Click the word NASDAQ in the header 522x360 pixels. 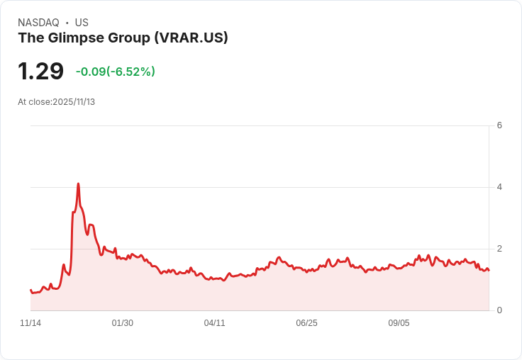pos(38,23)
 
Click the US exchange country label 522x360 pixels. pos(82,23)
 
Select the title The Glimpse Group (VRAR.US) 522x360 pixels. pos(123,38)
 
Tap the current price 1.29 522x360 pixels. pos(40,71)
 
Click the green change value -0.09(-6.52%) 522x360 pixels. pos(115,72)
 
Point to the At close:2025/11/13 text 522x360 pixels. pos(56,102)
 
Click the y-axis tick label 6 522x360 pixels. pos(499,125)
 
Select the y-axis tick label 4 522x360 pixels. pos(499,187)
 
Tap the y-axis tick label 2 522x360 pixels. pos(499,249)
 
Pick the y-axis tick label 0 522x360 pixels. pos(499,310)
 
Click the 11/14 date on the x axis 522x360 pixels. pos(30,323)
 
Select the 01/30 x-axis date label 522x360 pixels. pos(123,323)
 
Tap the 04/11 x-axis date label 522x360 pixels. pos(214,323)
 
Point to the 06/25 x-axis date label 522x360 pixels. pos(306,323)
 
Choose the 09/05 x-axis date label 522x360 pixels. pos(399,323)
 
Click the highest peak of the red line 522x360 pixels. pos(78,184)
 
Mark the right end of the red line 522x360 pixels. pos(489,271)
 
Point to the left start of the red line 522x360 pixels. pos(30,290)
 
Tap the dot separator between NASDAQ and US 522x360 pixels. pos(67,23)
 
